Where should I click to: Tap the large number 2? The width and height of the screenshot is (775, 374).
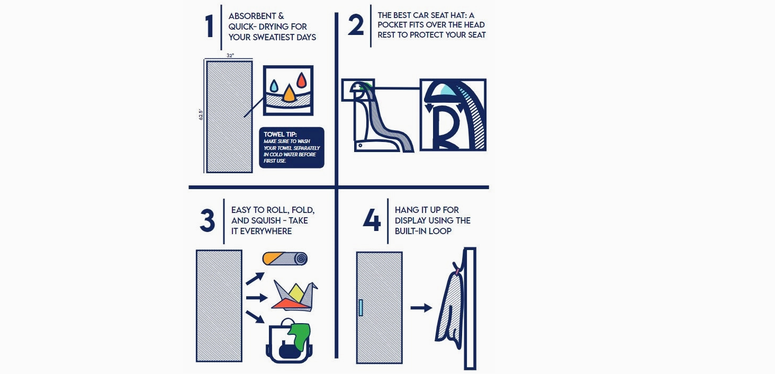[356, 25]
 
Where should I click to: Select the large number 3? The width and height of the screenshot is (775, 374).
[207, 220]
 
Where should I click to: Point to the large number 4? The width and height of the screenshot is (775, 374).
[372, 220]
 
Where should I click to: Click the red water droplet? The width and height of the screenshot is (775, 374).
[302, 80]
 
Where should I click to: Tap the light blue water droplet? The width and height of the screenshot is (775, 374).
[274, 86]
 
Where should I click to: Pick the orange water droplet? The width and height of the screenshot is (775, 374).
[289, 93]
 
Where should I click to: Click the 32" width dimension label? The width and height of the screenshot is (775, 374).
[230, 56]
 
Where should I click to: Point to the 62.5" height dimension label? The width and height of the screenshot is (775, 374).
[200, 114]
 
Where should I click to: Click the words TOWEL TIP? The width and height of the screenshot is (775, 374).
[280, 135]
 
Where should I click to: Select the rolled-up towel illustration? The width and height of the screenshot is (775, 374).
[285, 259]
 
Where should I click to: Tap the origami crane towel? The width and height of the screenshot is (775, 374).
[295, 296]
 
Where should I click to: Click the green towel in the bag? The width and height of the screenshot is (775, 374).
[299, 336]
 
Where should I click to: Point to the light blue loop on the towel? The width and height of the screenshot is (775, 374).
[361, 307]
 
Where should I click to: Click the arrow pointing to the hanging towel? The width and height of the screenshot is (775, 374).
[421, 307]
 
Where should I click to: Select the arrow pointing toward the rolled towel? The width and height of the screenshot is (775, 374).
[255, 278]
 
